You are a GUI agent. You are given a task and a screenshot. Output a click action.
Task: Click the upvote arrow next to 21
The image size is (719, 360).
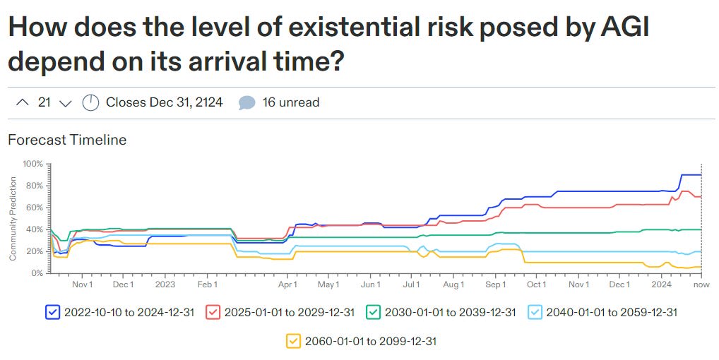pos(20,103)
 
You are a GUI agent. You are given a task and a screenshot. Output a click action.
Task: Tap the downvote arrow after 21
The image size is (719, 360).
pos(66,103)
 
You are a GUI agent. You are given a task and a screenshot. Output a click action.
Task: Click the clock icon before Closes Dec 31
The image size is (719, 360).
pos(91,103)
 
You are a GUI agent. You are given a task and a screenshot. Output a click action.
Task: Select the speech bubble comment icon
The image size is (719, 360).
pos(246,103)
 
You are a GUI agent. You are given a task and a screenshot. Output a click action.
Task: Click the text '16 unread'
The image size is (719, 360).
pos(291,103)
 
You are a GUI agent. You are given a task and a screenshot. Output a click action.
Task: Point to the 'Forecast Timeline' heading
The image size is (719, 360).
pos(67,140)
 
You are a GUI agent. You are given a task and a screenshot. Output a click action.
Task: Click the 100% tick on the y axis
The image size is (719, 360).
pos(33,164)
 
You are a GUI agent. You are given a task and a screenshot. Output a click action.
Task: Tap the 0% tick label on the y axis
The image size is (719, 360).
pos(37,273)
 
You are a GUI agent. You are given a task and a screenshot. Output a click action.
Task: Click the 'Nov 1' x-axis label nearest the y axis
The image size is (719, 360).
pos(83,284)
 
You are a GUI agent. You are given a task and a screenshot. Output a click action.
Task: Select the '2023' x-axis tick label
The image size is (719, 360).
pos(165,284)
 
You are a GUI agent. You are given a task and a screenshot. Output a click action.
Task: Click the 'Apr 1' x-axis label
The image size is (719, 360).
pos(287,284)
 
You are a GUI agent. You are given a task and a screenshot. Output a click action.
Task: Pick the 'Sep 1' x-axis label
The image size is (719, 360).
pos(495,284)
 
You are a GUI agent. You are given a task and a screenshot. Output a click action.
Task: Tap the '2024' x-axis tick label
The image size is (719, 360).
pos(661,284)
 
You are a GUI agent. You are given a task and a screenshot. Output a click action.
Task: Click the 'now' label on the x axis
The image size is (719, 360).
pos(701,284)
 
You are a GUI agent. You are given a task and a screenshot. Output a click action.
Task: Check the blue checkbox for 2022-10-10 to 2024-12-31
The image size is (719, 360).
pos(52,311)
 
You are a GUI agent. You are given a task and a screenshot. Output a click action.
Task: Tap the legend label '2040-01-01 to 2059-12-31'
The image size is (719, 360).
pos(612,312)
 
